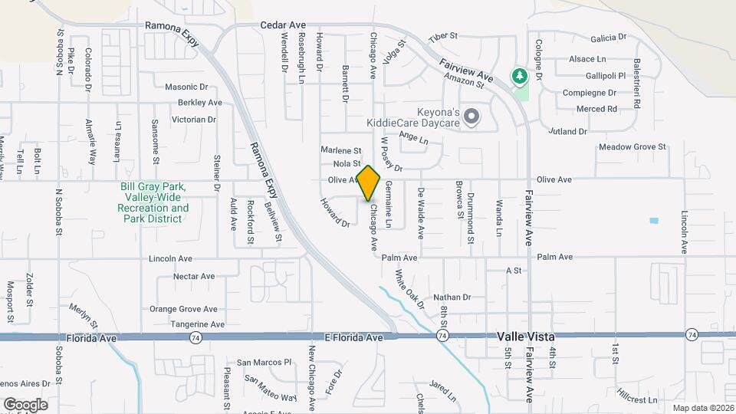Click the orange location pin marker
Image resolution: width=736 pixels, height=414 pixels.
pyautogui.click(x=369, y=182)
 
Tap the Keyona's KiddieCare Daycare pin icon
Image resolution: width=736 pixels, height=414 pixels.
pyautogui.click(x=472, y=117)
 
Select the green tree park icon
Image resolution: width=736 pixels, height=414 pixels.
pyautogui.click(x=521, y=76)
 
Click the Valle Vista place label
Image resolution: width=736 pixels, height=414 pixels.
pyautogui.click(x=525, y=337)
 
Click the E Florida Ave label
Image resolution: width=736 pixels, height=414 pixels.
pyautogui.click(x=353, y=337)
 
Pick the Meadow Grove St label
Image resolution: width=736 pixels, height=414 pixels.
pyautogui.click(x=632, y=146)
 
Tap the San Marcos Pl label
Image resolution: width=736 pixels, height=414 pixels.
pyautogui.click(x=264, y=362)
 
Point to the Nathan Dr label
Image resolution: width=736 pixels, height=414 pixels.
pyautogui.click(x=452, y=297)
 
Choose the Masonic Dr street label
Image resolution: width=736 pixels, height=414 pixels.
pyautogui.click(x=186, y=87)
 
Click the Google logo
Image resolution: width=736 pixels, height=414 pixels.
pyautogui.click(x=25, y=405)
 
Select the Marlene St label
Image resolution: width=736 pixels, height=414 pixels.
pyautogui.click(x=340, y=150)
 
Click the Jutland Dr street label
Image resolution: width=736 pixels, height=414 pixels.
pyautogui.click(x=567, y=131)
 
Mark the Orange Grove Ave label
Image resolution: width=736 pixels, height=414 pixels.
pyautogui.click(x=183, y=309)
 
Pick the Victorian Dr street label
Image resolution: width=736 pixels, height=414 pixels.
pyautogui.click(x=193, y=120)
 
